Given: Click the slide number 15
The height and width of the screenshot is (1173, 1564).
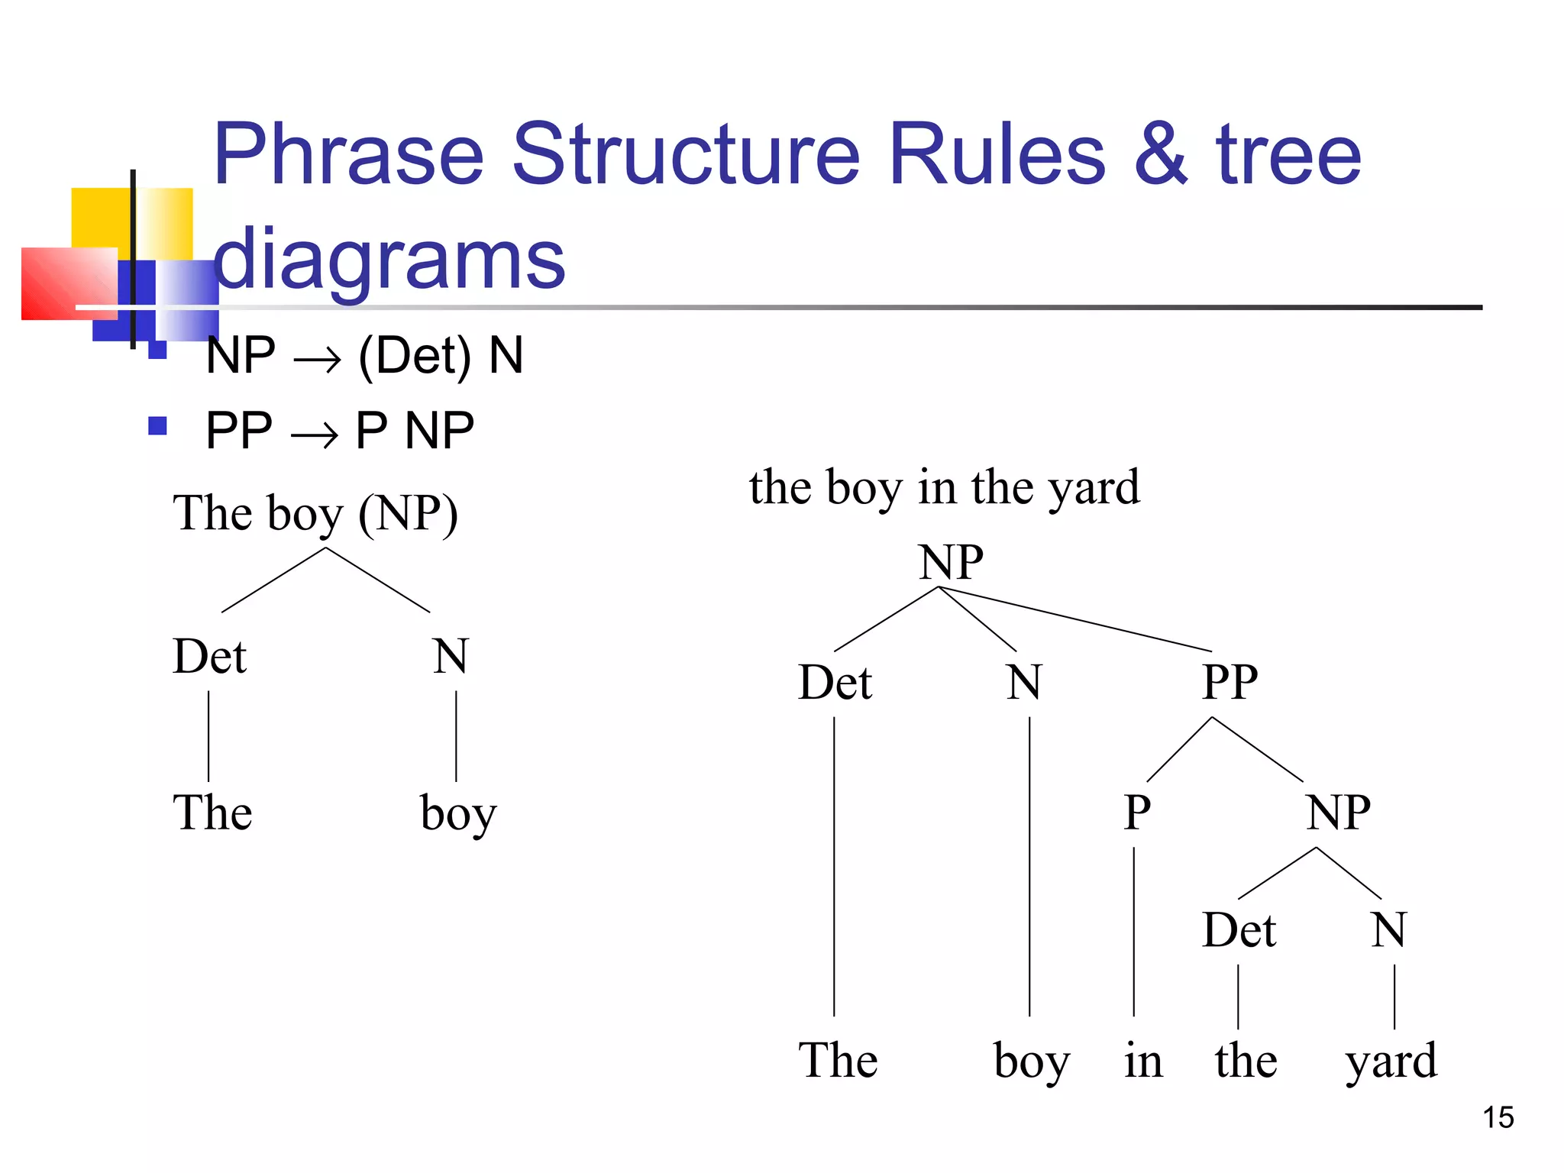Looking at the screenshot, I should point(1498,1117).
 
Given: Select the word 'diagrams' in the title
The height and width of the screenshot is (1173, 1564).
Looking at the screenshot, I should point(389,260).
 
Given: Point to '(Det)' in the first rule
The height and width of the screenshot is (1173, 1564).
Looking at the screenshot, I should point(415,356).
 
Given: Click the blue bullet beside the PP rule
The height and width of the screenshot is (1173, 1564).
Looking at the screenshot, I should point(157,425).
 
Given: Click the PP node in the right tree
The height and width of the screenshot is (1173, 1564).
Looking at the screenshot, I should point(1229,682).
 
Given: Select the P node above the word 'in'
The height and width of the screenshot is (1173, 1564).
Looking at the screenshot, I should point(1136,812).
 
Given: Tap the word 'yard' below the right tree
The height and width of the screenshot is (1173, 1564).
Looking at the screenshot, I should point(1391,1062).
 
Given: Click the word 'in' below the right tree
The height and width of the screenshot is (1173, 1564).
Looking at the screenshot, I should point(1143,1061).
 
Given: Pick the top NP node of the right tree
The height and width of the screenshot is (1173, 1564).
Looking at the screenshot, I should point(950,563).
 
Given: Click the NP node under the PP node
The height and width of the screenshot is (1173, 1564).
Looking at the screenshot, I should point(1337,812).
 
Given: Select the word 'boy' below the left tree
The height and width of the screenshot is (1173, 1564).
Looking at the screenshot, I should point(458,814).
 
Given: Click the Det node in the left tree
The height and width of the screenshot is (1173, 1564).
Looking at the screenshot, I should point(209,657).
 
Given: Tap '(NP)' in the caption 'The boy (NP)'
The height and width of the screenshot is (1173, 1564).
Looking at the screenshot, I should point(408,513).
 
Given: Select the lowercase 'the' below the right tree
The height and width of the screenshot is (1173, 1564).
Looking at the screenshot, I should point(1246,1061).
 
